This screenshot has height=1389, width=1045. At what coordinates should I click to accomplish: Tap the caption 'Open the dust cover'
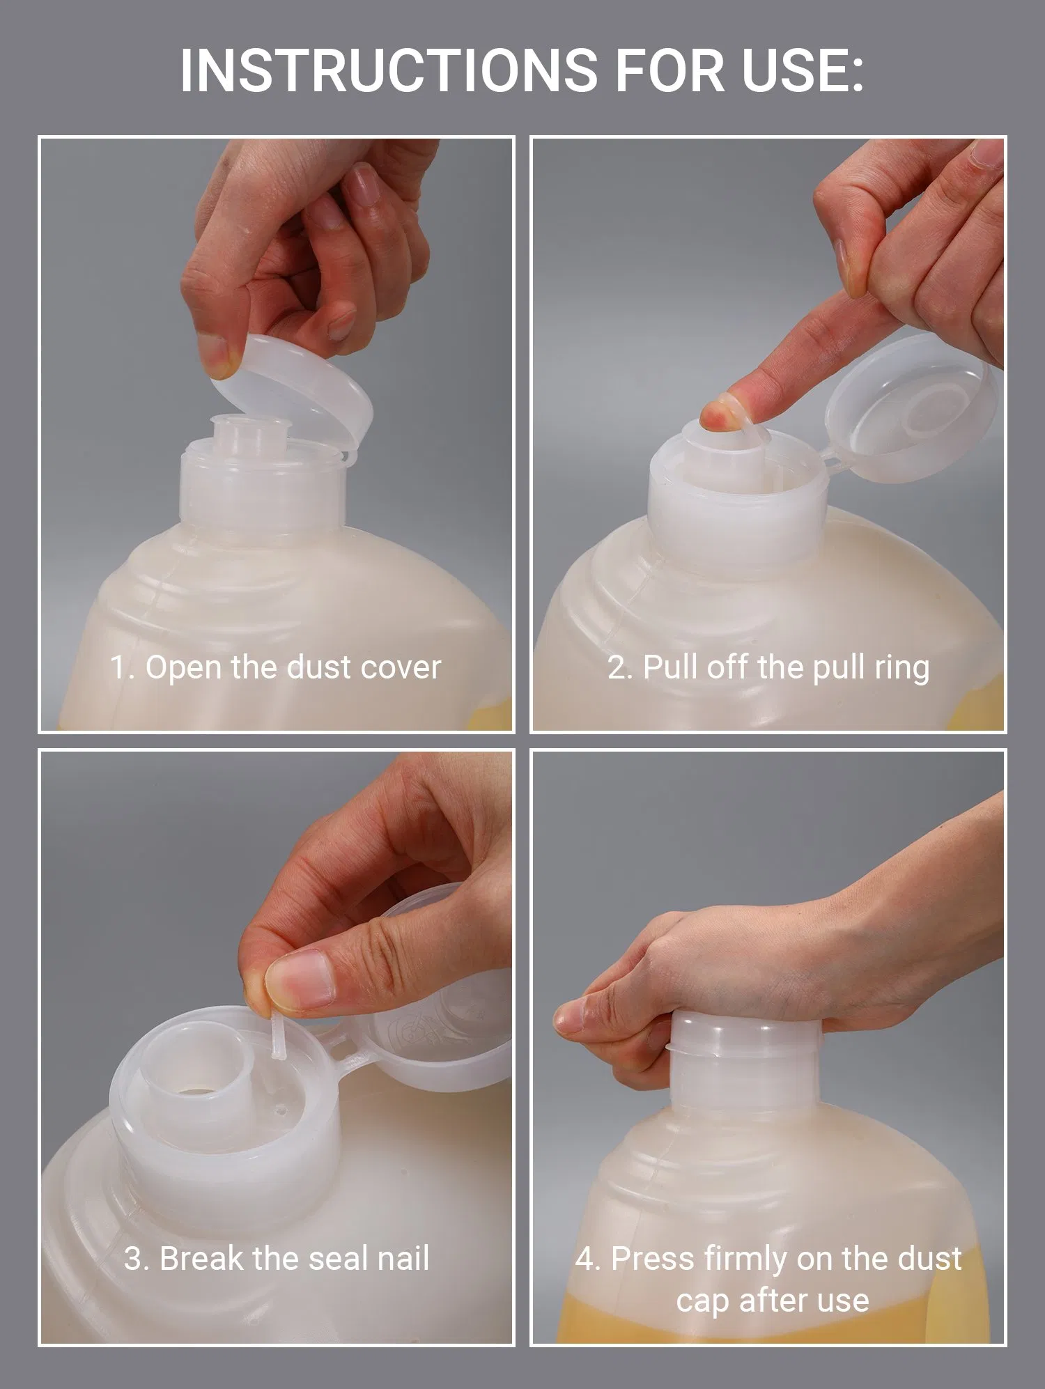click(293, 667)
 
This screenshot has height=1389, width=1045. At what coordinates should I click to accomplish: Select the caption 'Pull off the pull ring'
click(786, 667)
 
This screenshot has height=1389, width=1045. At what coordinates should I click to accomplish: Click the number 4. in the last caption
click(588, 1259)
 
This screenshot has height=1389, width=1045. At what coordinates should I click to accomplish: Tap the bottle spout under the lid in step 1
click(240, 435)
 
